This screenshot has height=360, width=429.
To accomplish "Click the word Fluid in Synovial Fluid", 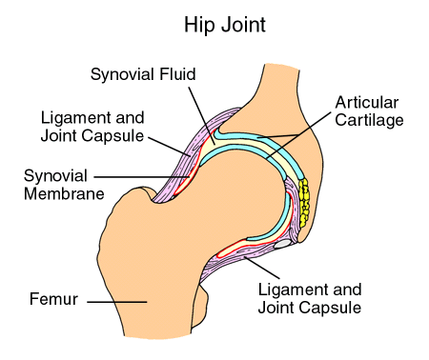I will (175, 72).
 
